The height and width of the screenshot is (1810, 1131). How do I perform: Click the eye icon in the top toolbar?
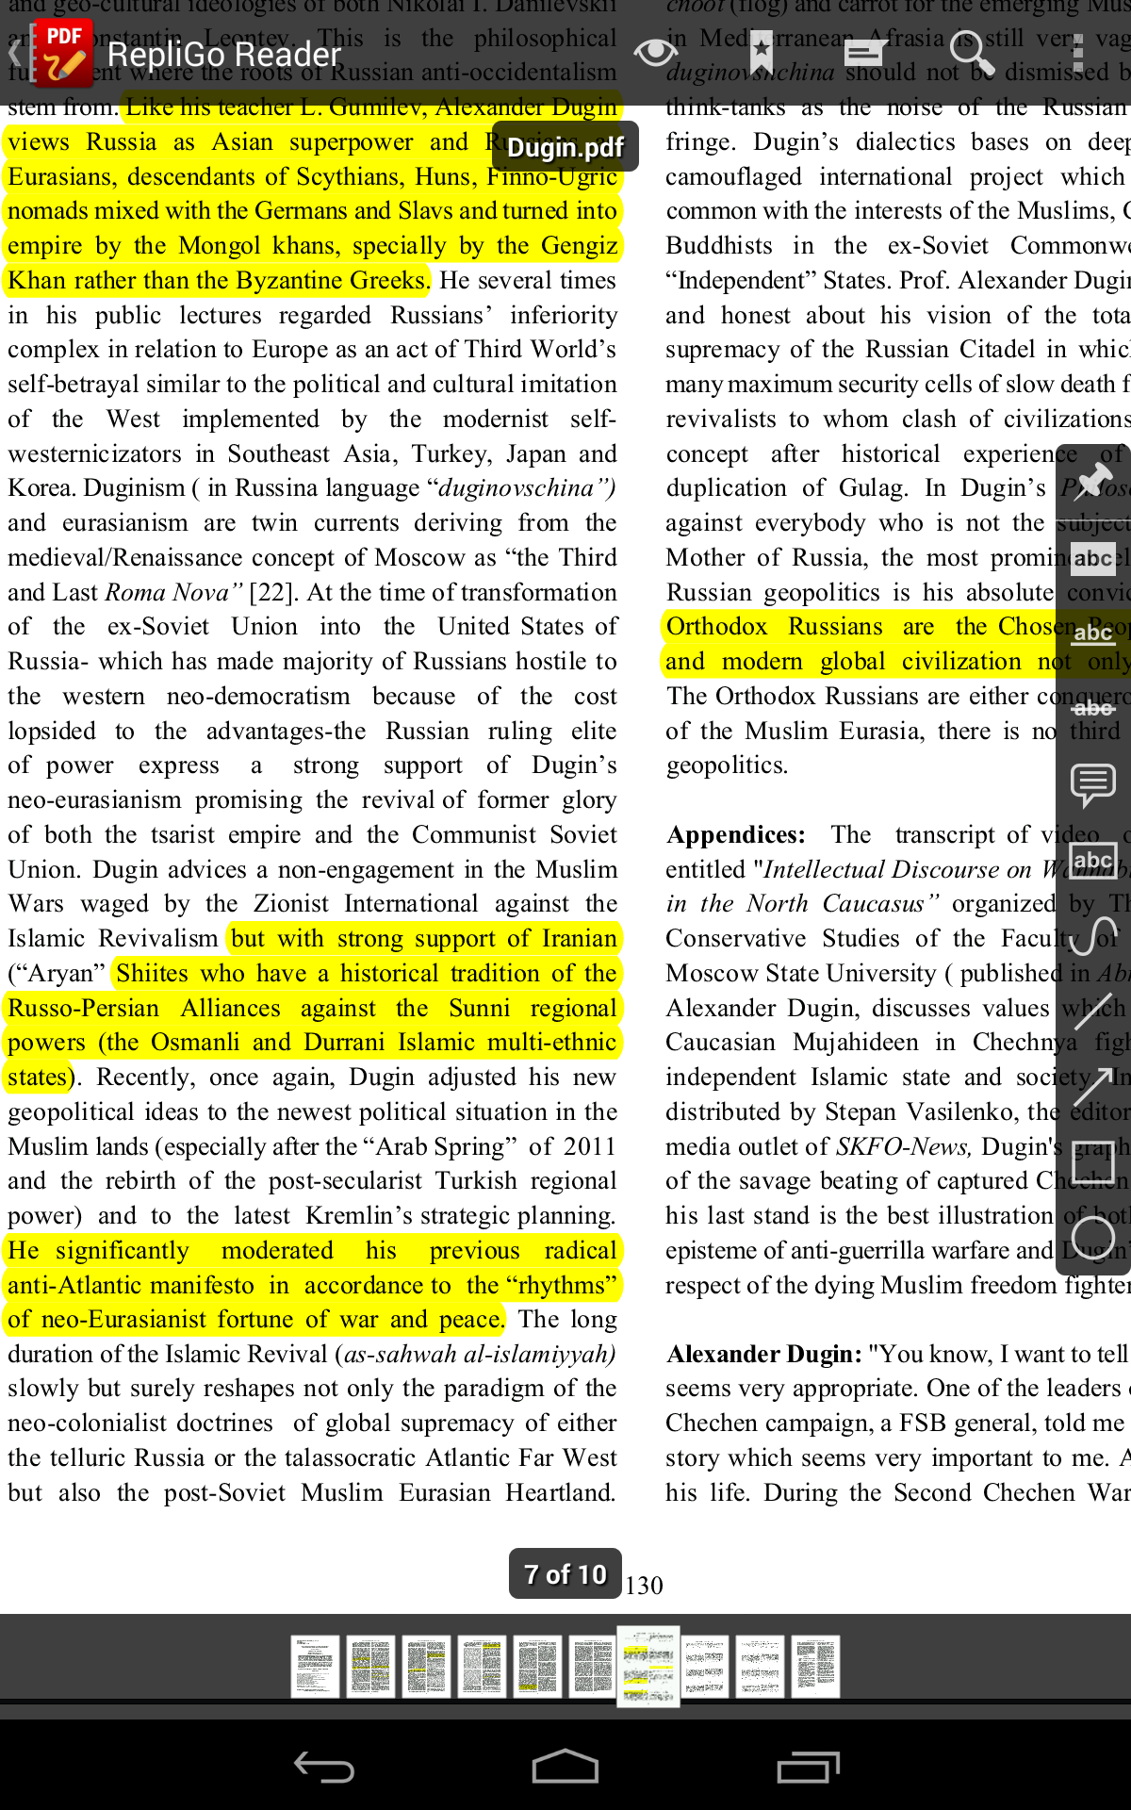tap(655, 53)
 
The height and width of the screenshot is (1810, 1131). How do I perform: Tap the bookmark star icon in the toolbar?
tap(761, 53)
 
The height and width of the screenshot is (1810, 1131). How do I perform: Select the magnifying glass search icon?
tap(971, 53)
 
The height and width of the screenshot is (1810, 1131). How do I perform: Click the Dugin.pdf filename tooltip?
tap(565, 147)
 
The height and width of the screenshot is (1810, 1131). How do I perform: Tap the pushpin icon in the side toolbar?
tap(1093, 482)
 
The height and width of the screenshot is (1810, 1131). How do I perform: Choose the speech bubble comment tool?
tap(1093, 784)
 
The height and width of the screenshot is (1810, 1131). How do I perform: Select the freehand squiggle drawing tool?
tap(1093, 935)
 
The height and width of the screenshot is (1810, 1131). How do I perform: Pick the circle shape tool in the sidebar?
tap(1093, 1237)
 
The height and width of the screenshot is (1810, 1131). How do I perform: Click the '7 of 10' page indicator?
tap(565, 1573)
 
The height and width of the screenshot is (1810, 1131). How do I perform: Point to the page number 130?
tap(644, 1586)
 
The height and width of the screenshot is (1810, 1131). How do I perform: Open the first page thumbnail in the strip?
tap(315, 1666)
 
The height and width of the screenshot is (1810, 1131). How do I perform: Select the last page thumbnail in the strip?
tap(815, 1666)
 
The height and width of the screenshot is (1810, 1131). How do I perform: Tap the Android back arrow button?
tap(323, 1766)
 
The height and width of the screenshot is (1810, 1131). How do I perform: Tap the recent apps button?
tap(808, 1766)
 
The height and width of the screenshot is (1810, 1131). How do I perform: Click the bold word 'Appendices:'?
tap(735, 835)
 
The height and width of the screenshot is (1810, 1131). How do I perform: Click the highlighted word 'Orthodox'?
tap(716, 627)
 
